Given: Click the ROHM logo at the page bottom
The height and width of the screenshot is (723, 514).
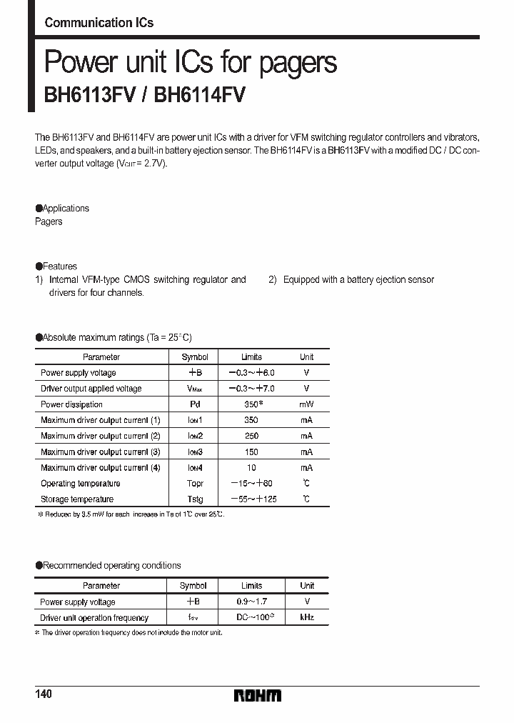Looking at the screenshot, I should point(258,695).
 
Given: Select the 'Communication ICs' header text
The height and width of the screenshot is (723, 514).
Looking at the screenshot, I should point(99,23).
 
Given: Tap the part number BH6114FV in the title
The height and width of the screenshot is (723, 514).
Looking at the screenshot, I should point(199,96).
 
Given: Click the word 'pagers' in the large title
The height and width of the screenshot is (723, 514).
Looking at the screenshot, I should point(293,64).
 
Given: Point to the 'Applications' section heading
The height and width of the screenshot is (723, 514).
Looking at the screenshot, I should point(64,209).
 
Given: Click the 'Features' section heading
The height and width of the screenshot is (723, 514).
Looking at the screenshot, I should point(58,266).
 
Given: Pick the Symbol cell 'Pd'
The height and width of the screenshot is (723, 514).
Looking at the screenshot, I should point(194,404).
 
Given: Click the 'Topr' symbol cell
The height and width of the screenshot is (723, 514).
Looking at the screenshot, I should point(194,484).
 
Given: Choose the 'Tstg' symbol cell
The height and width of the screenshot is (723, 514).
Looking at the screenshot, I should point(194,499).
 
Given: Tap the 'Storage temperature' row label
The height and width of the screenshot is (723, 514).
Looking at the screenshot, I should point(77,499).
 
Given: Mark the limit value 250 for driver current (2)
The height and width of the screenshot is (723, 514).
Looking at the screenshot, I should point(251,436).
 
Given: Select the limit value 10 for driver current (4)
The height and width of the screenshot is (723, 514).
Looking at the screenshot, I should point(251,468).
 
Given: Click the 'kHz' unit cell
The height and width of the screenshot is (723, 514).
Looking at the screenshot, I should point(306,617).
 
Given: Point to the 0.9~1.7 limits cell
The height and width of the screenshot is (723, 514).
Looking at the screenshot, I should point(252,602).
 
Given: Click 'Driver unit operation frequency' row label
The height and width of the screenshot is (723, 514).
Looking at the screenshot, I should point(94,618).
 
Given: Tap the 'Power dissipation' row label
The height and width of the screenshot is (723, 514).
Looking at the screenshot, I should point(72,404).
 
